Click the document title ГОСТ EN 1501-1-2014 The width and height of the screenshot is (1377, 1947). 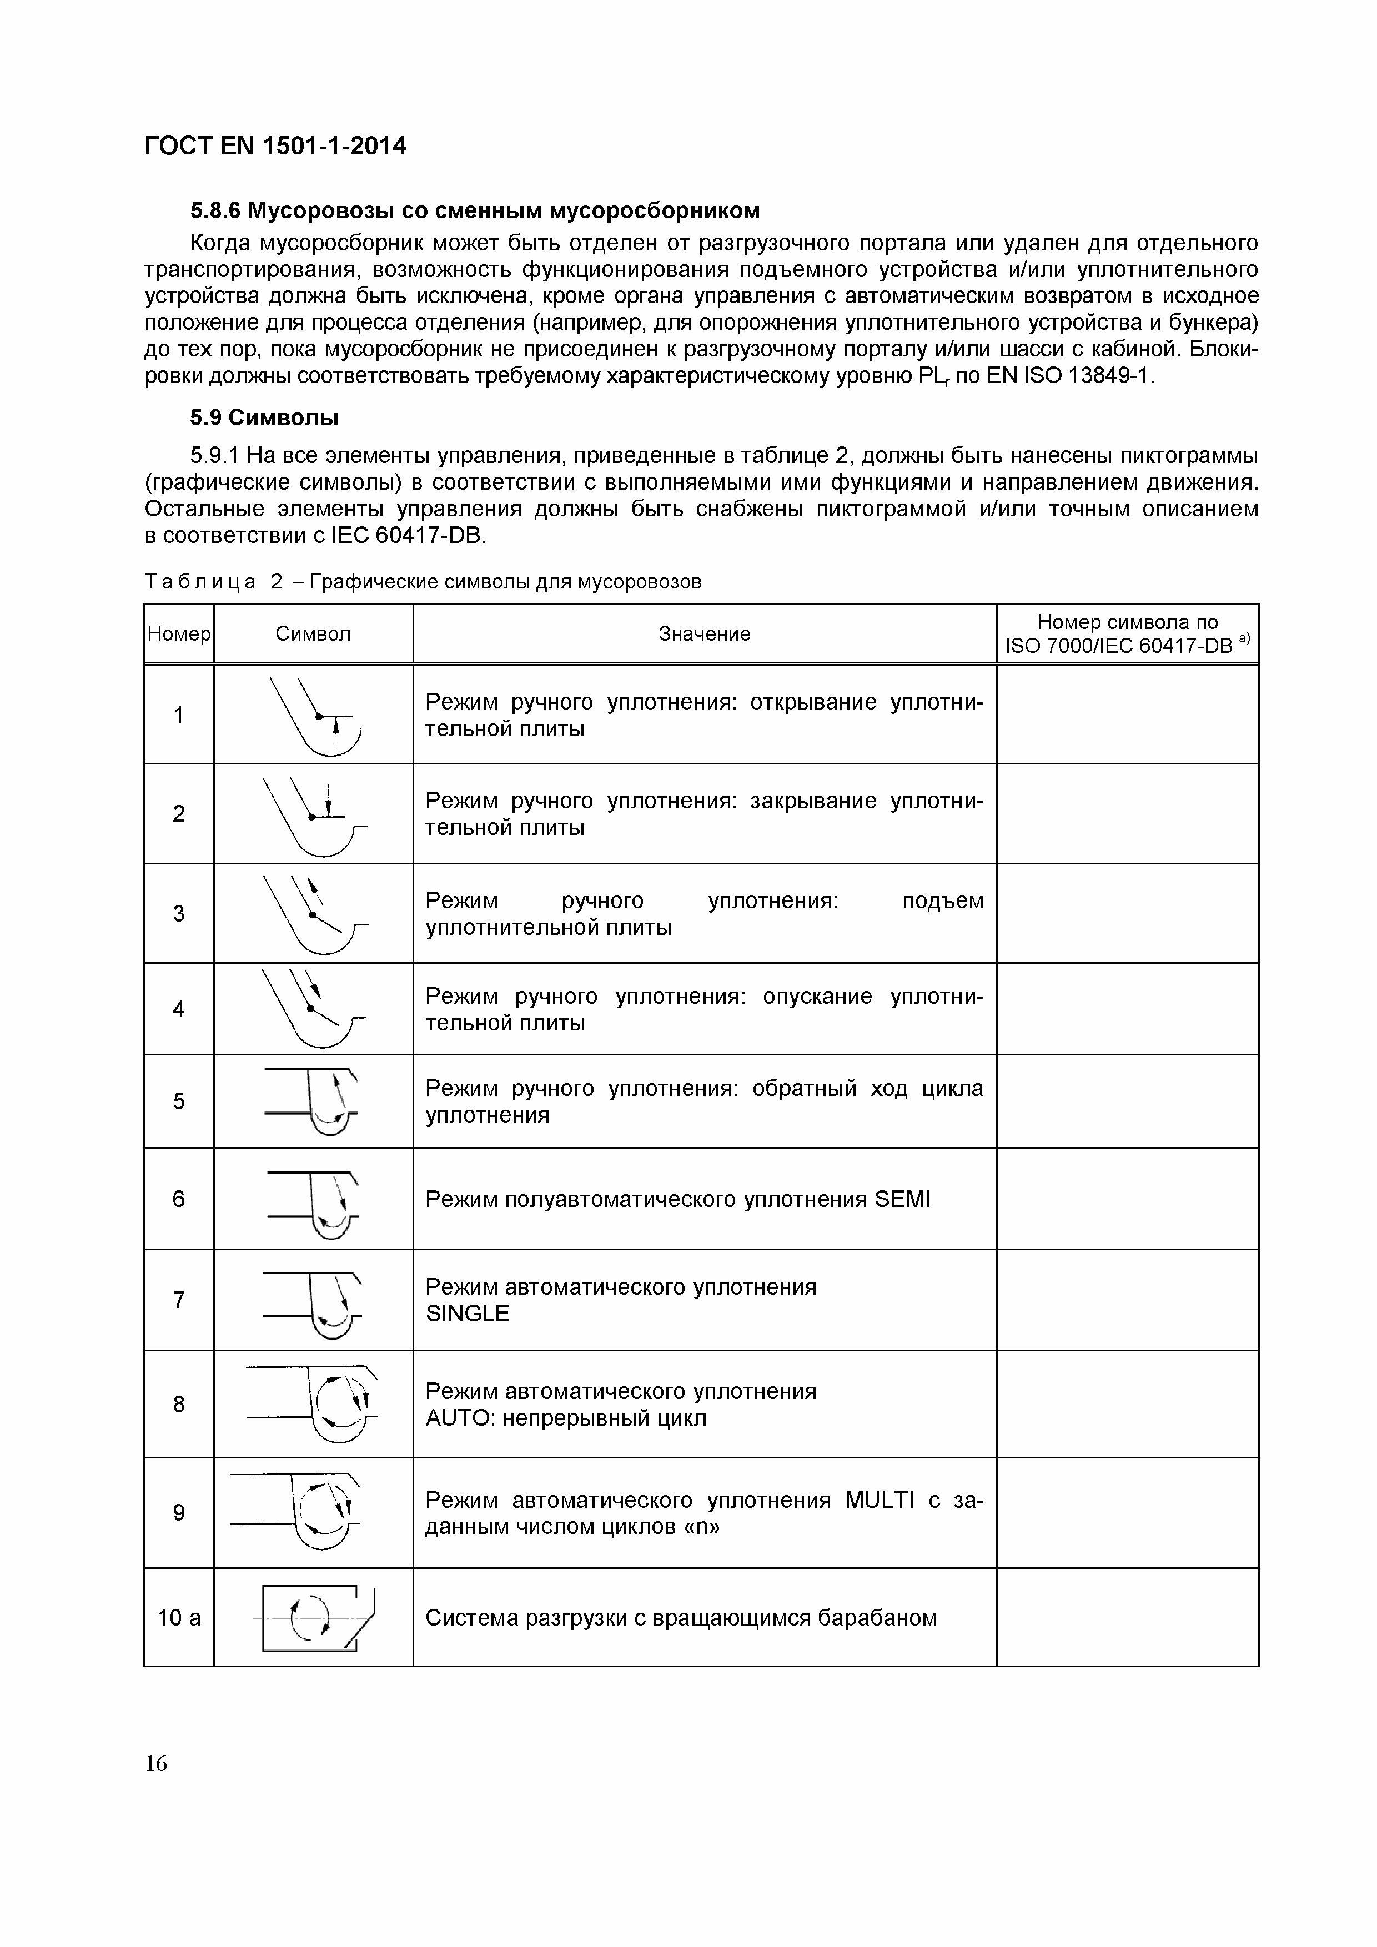point(275,147)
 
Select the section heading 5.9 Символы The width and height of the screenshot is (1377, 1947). point(264,418)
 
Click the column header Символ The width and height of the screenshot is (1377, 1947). point(313,635)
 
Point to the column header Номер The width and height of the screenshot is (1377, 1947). point(179,635)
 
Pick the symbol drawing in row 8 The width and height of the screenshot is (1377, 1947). point(314,1404)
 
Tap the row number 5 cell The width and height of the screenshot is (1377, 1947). point(179,1101)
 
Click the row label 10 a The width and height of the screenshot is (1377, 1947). point(179,1618)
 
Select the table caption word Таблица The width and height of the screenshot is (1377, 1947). point(201,582)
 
